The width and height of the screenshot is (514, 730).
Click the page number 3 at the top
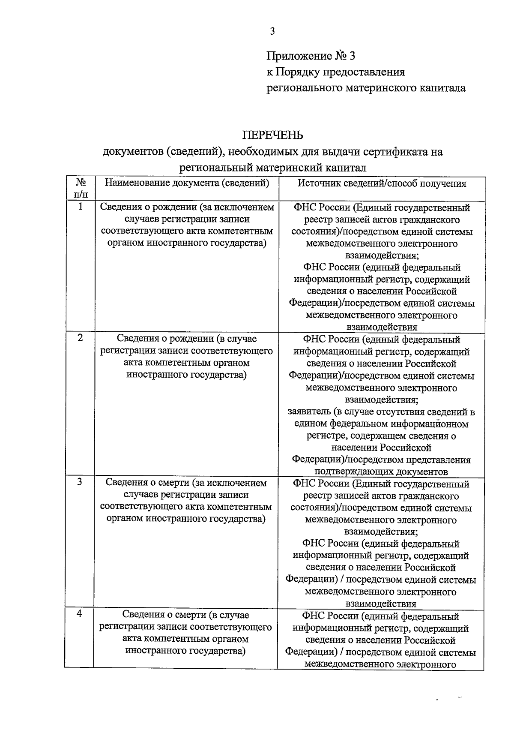click(x=272, y=31)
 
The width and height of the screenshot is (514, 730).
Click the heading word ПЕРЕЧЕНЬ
click(x=273, y=135)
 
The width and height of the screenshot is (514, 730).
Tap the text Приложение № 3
click(x=311, y=56)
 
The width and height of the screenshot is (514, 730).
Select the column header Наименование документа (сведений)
click(x=187, y=183)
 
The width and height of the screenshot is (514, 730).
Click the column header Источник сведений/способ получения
click(x=382, y=183)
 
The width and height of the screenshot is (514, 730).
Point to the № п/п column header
click(x=80, y=188)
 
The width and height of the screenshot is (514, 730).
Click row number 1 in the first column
click(x=80, y=207)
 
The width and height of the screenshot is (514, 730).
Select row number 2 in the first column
click(x=80, y=338)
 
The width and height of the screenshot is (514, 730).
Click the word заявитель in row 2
click(x=309, y=412)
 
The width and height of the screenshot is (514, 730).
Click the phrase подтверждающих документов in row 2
click(x=381, y=472)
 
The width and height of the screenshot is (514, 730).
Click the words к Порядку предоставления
click(x=335, y=72)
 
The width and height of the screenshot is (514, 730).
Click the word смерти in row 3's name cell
click(x=173, y=483)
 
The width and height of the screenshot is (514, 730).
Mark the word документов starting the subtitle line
click(x=133, y=152)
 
